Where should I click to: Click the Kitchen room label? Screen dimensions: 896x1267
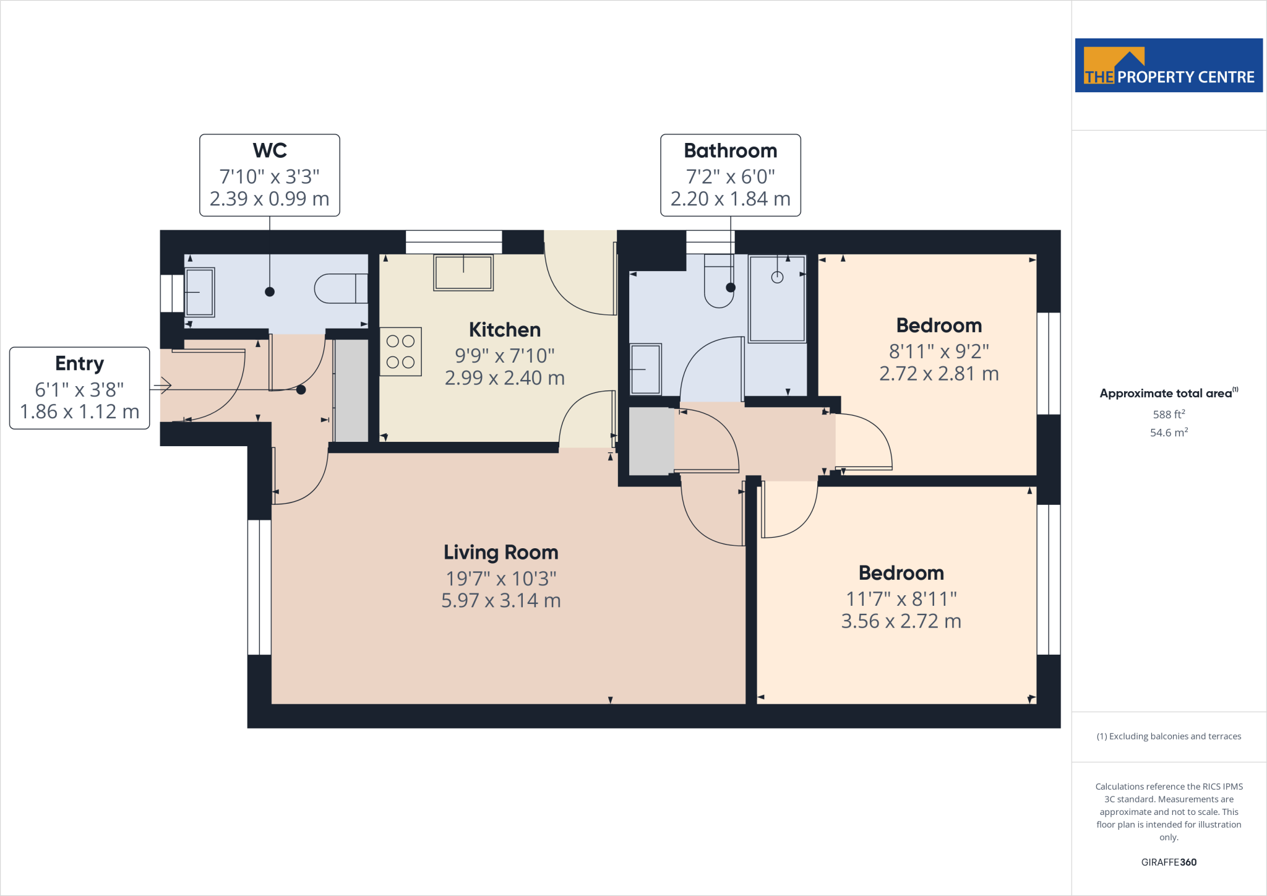point(504,330)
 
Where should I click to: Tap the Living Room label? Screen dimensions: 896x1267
point(500,552)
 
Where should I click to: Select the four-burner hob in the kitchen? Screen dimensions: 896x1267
point(400,351)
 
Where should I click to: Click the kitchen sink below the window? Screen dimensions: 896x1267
point(463,272)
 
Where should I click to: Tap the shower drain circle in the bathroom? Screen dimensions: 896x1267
point(777,277)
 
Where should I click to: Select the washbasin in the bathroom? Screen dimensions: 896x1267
point(645,369)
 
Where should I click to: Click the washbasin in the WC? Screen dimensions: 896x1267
point(199,292)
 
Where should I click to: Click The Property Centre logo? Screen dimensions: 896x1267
point(1169,66)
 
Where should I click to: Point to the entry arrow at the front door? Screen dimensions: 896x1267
point(163,387)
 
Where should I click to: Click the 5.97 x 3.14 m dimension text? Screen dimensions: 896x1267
point(500,601)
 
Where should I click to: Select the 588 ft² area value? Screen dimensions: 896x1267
point(1169,414)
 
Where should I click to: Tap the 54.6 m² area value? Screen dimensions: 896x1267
point(1169,433)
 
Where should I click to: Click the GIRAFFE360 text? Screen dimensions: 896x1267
point(1169,862)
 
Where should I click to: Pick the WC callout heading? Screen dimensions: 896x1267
point(270,150)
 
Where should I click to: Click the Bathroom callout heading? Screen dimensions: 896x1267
point(730,150)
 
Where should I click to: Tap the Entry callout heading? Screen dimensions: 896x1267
point(79,363)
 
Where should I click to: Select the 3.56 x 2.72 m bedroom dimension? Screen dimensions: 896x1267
point(901,621)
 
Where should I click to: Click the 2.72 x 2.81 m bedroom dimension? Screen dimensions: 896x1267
point(938,374)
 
